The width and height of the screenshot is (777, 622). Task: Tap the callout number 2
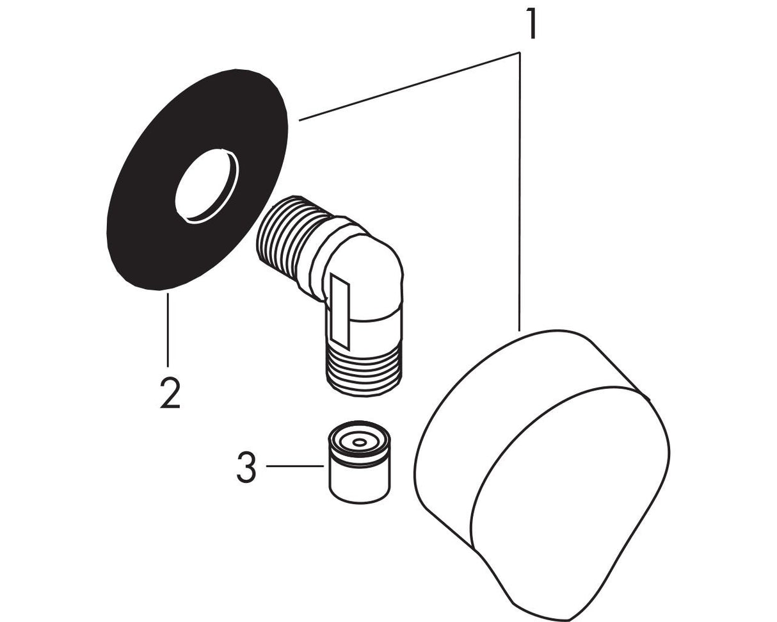tap(170, 393)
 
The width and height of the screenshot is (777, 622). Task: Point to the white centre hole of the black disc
tap(207, 186)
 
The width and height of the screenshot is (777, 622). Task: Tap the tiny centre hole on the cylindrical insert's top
tap(359, 442)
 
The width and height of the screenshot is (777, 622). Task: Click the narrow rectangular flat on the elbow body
tap(340, 311)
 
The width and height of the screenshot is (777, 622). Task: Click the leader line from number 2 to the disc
tap(168, 330)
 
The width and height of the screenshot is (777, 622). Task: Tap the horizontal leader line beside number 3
tap(294, 466)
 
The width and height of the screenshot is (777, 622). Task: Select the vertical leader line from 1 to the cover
tap(520, 192)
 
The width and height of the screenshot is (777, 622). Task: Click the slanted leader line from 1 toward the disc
tap(409, 86)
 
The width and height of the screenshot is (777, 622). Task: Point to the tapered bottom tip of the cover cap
tap(563, 616)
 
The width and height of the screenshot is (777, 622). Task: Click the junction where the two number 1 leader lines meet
tap(519, 53)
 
